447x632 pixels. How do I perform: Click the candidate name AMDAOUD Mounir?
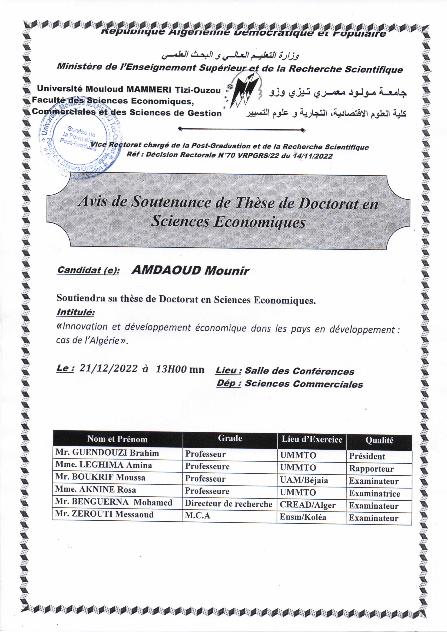[x=190, y=270]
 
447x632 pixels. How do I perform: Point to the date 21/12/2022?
[x=108, y=368]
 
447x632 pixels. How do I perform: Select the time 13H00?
[x=171, y=369]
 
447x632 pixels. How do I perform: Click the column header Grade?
[x=230, y=438]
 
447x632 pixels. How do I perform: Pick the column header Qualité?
[x=379, y=440]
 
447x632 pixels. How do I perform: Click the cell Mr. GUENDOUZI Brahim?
[x=107, y=453]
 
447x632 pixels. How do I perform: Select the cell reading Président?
[x=367, y=456]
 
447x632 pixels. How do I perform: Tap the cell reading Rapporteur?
[x=371, y=469]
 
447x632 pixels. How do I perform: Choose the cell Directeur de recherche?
[x=228, y=504]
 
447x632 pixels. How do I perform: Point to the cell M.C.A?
[x=197, y=515]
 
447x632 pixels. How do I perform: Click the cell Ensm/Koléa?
[x=303, y=517]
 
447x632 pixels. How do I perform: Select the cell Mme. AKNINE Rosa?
[x=95, y=489]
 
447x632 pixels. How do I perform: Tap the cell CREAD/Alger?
[x=308, y=505]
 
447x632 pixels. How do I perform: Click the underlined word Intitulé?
[x=75, y=312]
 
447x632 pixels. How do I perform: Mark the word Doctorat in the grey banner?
[x=327, y=204]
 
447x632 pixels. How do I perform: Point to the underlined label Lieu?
[x=228, y=370]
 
